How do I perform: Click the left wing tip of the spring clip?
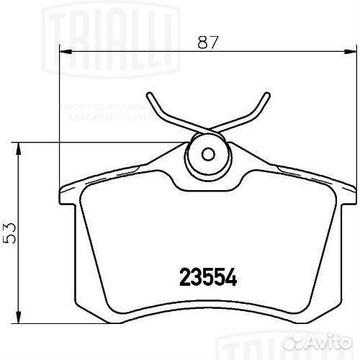click(148, 96)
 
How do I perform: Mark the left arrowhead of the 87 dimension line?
click(63, 52)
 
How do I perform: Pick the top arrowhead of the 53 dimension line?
click(19, 146)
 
